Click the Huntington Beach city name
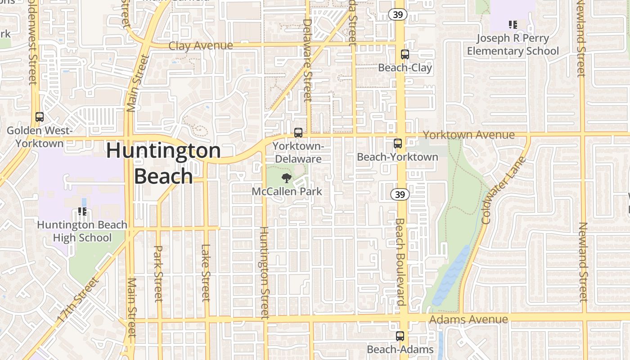(163, 163)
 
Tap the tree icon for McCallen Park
(286, 178)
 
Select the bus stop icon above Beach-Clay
(405, 54)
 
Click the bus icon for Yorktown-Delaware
(298, 133)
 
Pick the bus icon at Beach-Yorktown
(398, 144)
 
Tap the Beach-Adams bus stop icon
(400, 336)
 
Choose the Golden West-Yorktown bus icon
(40, 117)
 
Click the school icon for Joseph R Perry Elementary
(513, 24)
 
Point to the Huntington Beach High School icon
(82, 211)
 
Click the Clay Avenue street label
(201, 45)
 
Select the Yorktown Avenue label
(468, 135)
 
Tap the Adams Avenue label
(468, 319)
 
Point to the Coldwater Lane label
(504, 190)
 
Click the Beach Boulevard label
(400, 262)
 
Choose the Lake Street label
(206, 273)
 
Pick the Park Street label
(158, 274)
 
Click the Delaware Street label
(307, 59)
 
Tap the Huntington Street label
(265, 273)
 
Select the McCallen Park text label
(287, 191)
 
